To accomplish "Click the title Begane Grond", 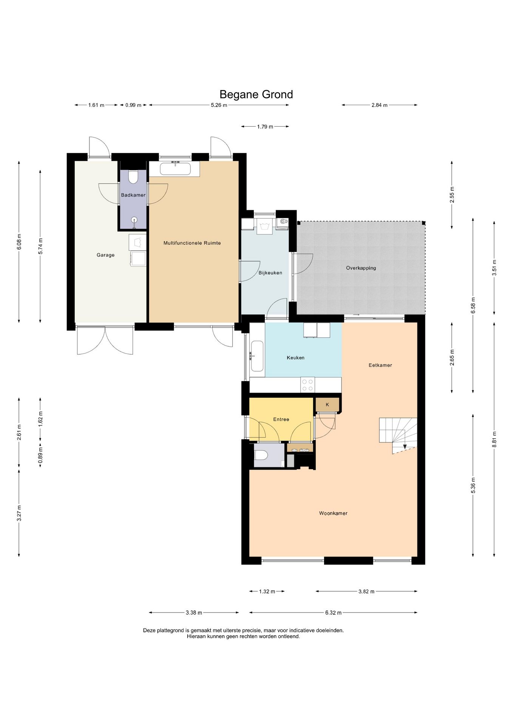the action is pyautogui.click(x=256, y=94).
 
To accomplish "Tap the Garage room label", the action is pyautogui.click(x=105, y=255).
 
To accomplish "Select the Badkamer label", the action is pyautogui.click(x=133, y=195).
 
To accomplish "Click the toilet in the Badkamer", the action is pyautogui.click(x=133, y=177).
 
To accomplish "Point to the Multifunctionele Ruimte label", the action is pyautogui.click(x=192, y=243).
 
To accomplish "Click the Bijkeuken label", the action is pyautogui.click(x=270, y=273).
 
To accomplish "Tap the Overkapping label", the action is pyautogui.click(x=361, y=268).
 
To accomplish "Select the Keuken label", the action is pyautogui.click(x=295, y=357).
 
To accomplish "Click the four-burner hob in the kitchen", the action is pyautogui.click(x=308, y=385).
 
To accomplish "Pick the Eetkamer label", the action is pyautogui.click(x=380, y=365).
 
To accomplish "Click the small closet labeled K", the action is pyautogui.click(x=328, y=405).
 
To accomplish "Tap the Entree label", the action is pyautogui.click(x=281, y=419).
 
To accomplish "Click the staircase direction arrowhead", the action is pyautogui.click(x=405, y=447).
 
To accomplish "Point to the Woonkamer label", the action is pyautogui.click(x=333, y=513).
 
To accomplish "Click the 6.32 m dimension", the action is pyautogui.click(x=333, y=613).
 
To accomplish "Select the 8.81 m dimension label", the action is pyautogui.click(x=494, y=439).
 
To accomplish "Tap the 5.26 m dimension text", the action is pyautogui.click(x=219, y=105).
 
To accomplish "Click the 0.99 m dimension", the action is pyautogui.click(x=133, y=105).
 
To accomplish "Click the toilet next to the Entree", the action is pyautogui.click(x=261, y=455).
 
